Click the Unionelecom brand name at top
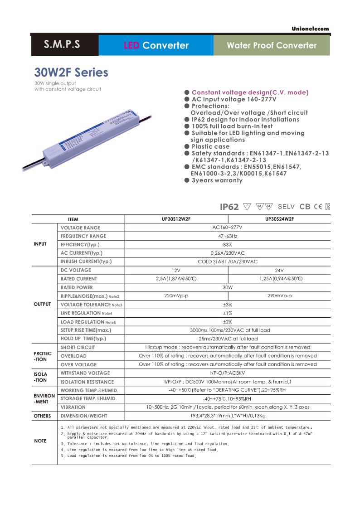tap(311, 29)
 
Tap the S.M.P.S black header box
tap(62, 44)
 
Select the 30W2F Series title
tap(71, 73)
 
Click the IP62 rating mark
tap(229, 207)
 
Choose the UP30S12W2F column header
tap(176, 219)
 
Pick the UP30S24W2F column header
tap(279, 219)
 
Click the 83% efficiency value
tap(228, 245)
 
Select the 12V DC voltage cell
tap(176, 270)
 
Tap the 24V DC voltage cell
tap(279, 270)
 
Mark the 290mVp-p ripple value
tap(279, 296)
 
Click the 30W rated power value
tap(228, 287)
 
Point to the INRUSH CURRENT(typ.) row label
tap(86, 262)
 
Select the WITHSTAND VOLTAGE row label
tap(85, 373)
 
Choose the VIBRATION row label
tap(73, 407)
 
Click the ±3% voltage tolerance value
tap(228, 305)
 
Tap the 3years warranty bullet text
tap(217, 180)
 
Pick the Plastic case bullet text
tap(210, 146)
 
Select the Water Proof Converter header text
tap(272, 45)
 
